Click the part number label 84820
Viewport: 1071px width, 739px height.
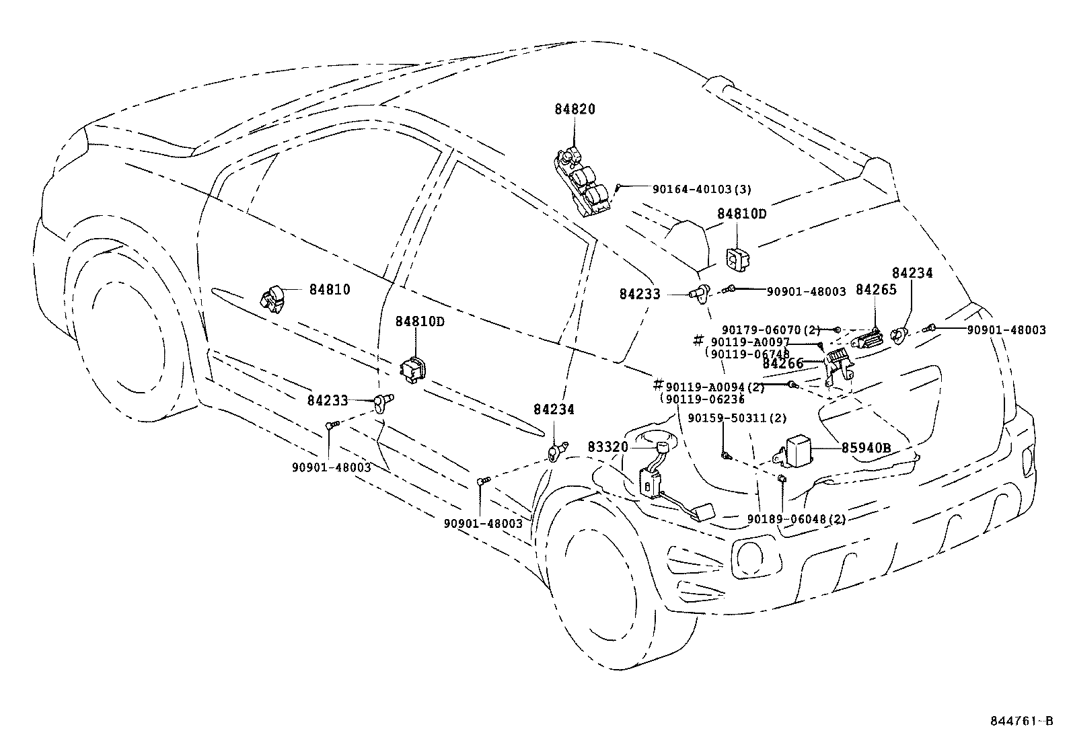(575, 110)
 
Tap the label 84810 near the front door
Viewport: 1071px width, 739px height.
(330, 290)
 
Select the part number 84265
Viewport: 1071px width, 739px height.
(876, 290)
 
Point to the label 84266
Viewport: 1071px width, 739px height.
(783, 364)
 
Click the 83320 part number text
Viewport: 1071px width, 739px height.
(607, 447)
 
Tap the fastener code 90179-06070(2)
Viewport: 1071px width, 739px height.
(771, 330)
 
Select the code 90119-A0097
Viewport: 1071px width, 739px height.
(750, 342)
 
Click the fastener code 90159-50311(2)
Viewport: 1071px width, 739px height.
(737, 418)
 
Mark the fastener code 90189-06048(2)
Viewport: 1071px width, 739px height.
(797, 519)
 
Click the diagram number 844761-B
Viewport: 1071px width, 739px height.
(1021, 722)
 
